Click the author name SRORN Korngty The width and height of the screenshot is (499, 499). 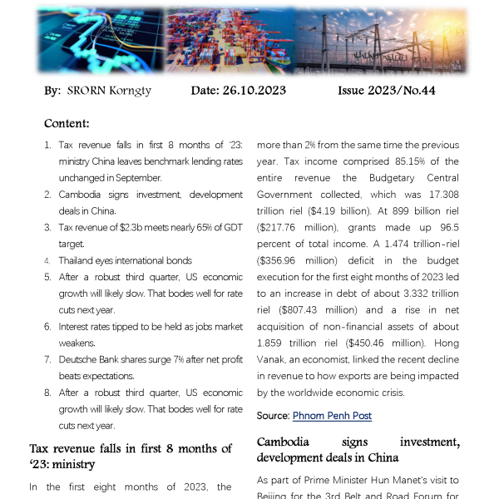point(110,91)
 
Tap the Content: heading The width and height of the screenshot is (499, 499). point(67,124)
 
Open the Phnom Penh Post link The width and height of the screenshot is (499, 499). point(332,415)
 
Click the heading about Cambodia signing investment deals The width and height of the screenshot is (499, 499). point(358,449)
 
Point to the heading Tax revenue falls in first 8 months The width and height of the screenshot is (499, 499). point(130,456)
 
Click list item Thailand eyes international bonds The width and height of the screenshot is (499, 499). point(125,260)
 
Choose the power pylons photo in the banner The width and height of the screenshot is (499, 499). point(378,41)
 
